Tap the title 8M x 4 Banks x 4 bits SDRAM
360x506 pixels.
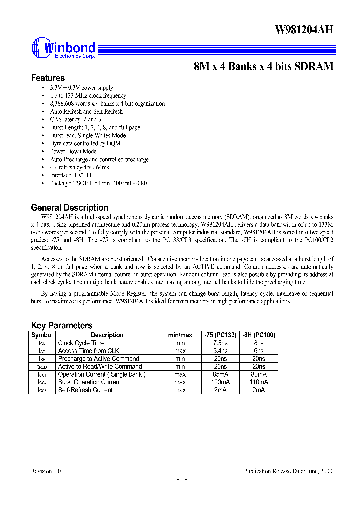pos(263,67)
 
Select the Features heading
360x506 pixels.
pos(48,78)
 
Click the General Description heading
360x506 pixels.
pos(69,207)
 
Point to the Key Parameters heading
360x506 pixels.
pos(61,325)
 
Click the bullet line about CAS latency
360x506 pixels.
pos(75,119)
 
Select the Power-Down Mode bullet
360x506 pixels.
pos(73,151)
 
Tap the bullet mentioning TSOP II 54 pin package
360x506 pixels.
pos(98,183)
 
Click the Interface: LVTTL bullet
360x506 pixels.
pos(71,175)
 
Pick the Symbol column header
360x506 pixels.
pos(42,335)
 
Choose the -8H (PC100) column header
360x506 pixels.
pos(259,335)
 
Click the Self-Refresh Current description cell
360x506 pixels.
pos(85,390)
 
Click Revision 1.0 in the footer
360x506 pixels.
pos(46,471)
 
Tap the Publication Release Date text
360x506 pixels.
pos(288,471)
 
